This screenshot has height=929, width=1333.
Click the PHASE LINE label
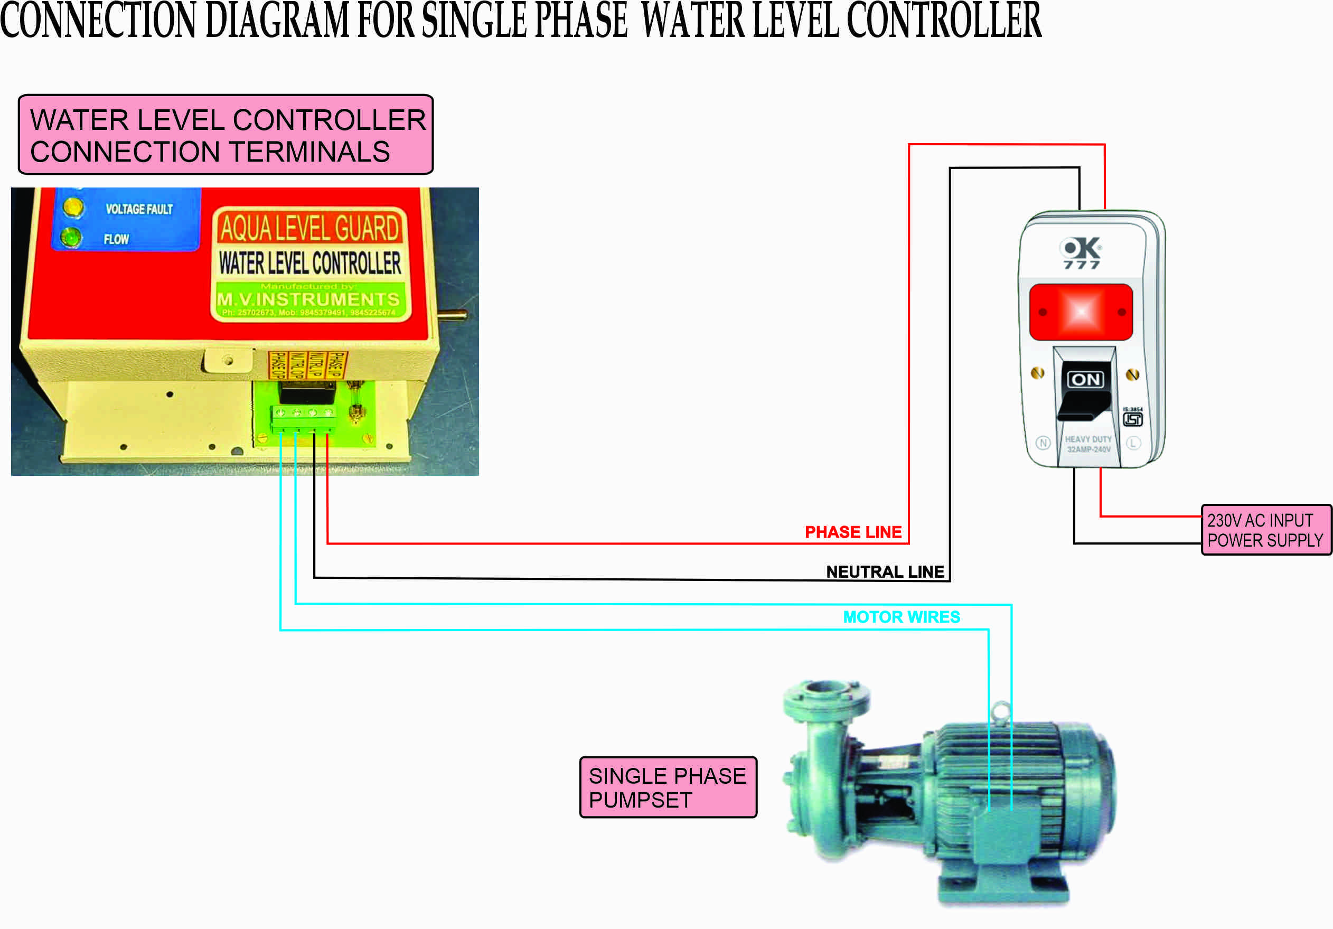852,532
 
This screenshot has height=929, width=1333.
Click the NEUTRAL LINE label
885,572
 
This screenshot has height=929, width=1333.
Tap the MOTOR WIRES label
901,617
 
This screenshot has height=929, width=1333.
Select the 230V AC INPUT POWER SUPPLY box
1265,530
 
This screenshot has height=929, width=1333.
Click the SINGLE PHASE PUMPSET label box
668,787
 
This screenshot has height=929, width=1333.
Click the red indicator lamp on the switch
1081,312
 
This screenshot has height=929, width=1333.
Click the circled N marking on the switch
1043,443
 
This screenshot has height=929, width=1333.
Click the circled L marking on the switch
1133,443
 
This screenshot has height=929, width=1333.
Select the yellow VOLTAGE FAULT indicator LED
73,207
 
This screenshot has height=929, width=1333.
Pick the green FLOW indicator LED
71,238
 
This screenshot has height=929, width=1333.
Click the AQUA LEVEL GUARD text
310,227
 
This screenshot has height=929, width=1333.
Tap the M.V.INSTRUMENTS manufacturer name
308,299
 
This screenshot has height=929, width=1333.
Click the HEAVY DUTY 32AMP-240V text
1088,444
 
